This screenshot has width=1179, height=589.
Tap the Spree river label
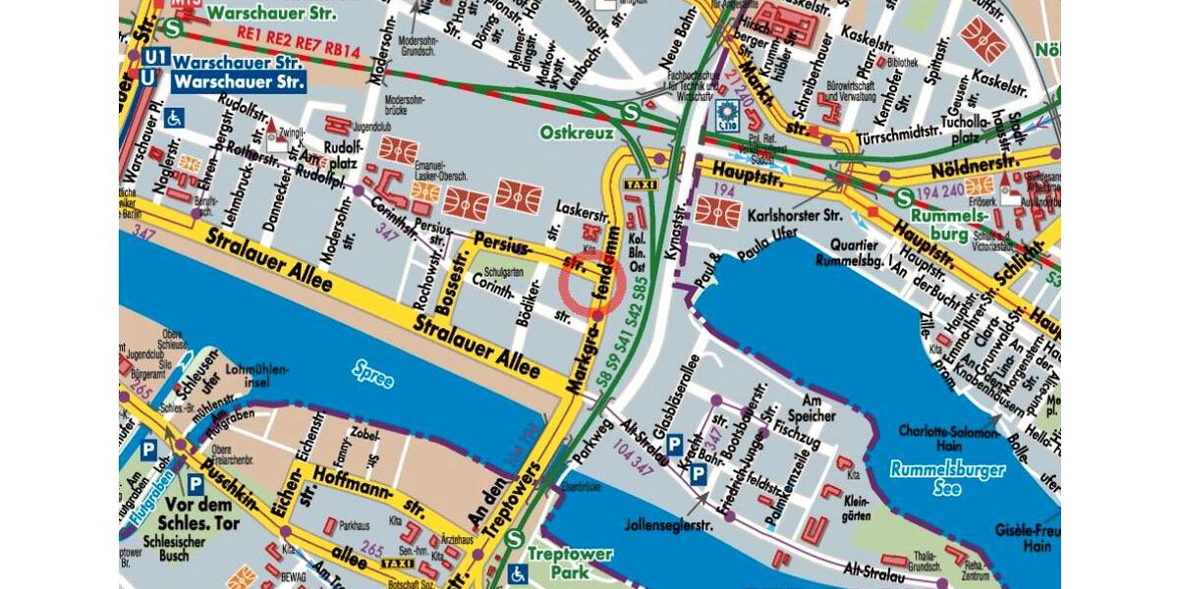(374, 373)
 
